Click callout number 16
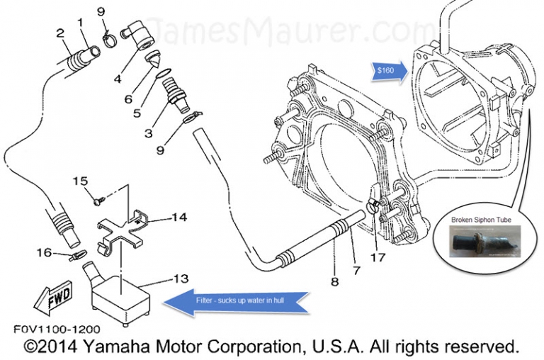coord(44,252)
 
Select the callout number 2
coord(61,33)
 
